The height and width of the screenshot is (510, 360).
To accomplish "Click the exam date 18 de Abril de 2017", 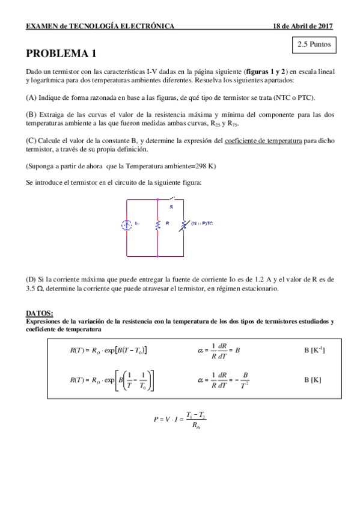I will tap(302, 26).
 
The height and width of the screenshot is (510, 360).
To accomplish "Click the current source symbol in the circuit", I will tap(126, 226).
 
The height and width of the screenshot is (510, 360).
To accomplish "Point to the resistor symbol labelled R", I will tap(157, 225).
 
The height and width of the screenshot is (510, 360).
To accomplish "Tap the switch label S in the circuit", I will tap(171, 206).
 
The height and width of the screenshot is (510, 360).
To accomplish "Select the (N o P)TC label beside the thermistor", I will tap(203, 224).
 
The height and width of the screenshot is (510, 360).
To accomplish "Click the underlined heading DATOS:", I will tap(40, 313).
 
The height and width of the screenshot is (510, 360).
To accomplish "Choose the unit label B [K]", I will tap(313, 380).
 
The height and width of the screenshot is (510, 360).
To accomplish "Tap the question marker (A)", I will tap(31, 97).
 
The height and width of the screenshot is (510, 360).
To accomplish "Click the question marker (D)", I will tap(31, 280).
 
